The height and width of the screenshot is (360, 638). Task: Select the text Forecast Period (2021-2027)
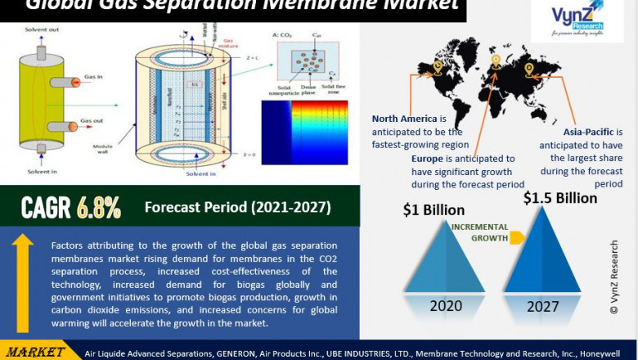tap(237, 207)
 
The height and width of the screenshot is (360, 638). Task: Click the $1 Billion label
tap(434, 210)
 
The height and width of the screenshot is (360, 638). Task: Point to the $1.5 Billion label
tap(560, 198)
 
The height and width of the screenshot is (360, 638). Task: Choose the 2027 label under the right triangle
tap(543, 307)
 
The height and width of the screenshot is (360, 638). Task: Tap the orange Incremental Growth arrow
tap(517, 238)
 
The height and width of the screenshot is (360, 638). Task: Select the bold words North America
tap(404, 119)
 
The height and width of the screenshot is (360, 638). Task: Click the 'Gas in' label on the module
tap(92, 76)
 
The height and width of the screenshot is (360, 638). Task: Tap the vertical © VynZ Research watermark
tap(614, 278)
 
